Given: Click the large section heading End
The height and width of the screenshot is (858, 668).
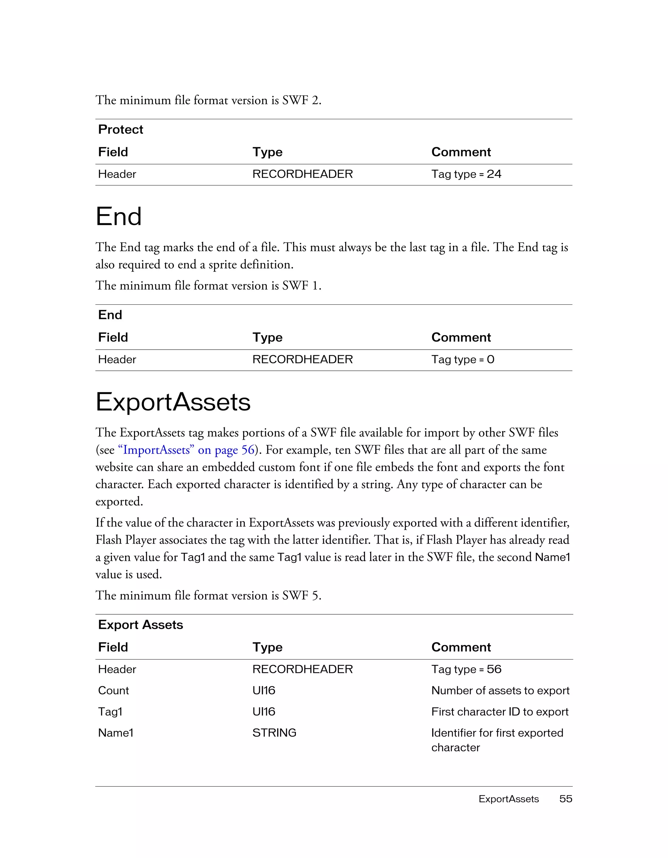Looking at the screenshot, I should coord(118,216).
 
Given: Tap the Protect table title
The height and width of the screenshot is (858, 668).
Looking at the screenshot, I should coord(120,129).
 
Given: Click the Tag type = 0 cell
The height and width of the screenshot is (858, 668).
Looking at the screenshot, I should coord(463,359).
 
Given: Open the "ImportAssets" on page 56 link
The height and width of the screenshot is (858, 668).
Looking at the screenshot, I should coord(186,450).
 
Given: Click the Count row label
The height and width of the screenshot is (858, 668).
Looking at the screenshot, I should coord(113,690).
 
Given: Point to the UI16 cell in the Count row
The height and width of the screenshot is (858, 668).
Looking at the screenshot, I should coord(264,690).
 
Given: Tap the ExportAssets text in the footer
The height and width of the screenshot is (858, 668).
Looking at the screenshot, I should coord(509,799).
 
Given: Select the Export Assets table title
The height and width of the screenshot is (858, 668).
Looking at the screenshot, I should coord(140,625).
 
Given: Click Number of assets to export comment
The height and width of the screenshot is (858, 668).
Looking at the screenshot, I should coord(500,690).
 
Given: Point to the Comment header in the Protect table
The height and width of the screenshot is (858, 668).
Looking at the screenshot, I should coord(461,152).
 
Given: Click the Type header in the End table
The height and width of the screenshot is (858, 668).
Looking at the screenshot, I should coord(267,338).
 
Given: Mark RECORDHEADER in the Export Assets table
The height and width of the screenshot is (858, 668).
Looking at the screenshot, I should coord(302,669).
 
